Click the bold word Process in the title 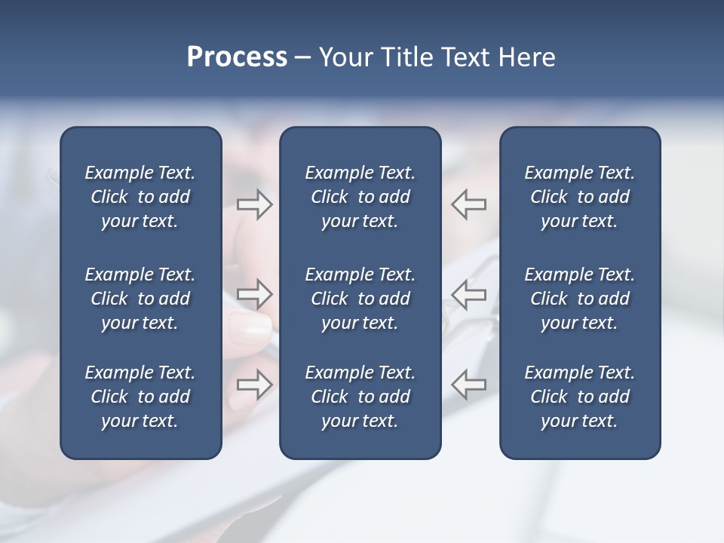[237, 57]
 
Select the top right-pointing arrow [255, 204]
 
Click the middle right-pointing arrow [255, 293]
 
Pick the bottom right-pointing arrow [255, 385]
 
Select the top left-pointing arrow [468, 204]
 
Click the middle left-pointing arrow [468, 293]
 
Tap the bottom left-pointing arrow [468, 385]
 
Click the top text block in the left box [140, 197]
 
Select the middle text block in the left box [140, 299]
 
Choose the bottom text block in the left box [140, 397]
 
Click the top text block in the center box [360, 197]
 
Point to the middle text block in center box [360, 299]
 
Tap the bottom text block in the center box [360, 397]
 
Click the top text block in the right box [579, 197]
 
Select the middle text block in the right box [579, 299]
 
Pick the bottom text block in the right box [579, 397]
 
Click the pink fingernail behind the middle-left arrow [250, 326]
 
